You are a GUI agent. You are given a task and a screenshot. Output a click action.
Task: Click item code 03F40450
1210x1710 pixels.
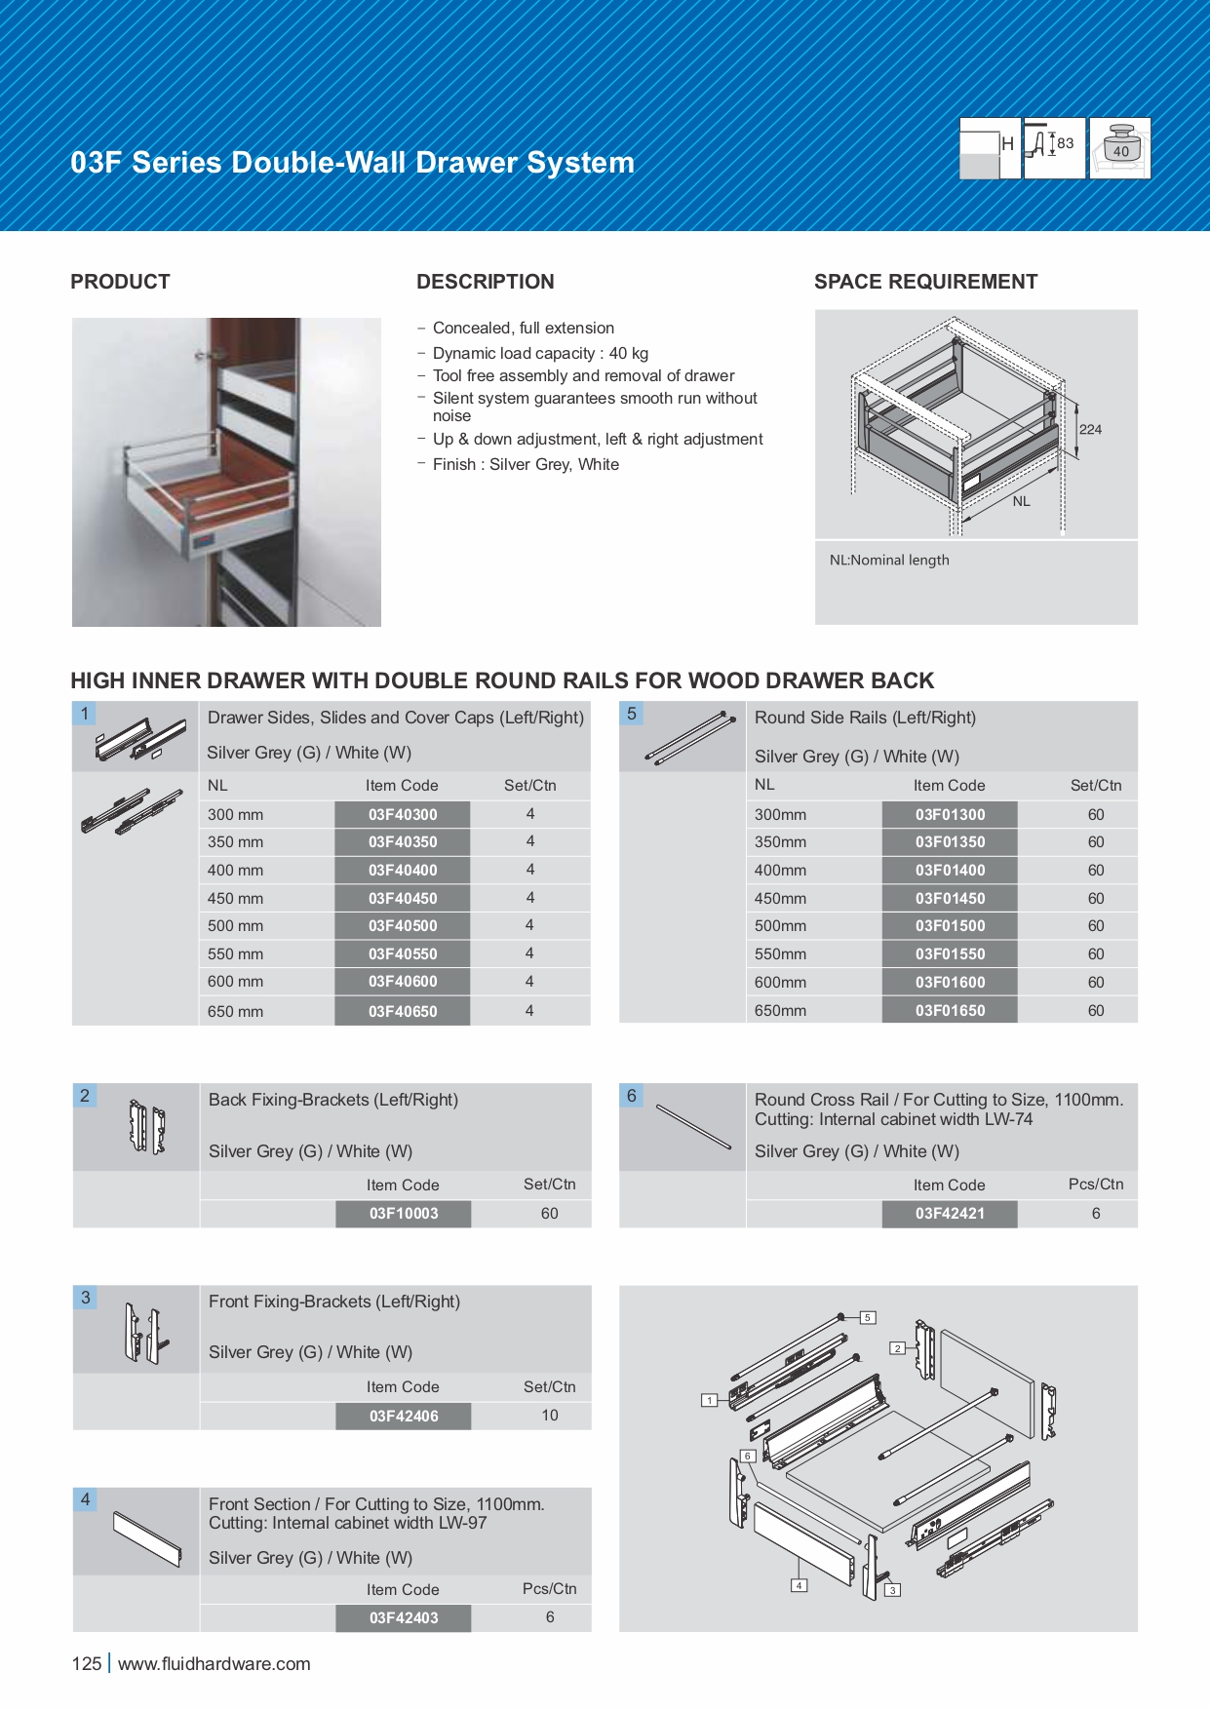pyautogui.click(x=403, y=898)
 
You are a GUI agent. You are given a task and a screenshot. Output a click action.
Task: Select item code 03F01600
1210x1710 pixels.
pyautogui.click(x=950, y=982)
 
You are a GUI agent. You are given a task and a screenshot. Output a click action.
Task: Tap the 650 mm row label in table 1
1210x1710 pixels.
pyautogui.click(x=235, y=1011)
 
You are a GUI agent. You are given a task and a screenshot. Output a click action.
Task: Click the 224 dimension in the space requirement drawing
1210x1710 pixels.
pyautogui.click(x=1090, y=429)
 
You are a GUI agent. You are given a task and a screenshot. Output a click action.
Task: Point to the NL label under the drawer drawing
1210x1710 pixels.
pyautogui.click(x=1021, y=501)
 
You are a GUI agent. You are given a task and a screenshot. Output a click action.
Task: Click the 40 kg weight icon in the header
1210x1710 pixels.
pyautogui.click(x=1120, y=148)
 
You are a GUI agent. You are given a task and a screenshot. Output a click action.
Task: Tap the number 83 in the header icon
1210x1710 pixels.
pyautogui.click(x=1065, y=143)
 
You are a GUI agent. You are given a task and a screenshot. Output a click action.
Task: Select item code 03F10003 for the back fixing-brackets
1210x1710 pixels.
pyautogui.click(x=403, y=1213)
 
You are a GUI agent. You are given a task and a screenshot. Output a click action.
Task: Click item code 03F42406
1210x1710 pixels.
pyautogui.click(x=403, y=1416)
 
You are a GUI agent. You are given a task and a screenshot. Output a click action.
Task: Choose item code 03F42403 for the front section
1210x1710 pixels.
pyautogui.click(x=403, y=1617)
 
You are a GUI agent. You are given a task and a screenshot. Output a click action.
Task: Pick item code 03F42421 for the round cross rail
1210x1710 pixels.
pyautogui.click(x=950, y=1213)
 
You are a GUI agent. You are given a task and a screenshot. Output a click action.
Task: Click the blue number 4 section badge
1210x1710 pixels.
pyautogui.click(x=86, y=1499)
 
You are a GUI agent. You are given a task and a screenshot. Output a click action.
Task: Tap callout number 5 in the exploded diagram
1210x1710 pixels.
pyautogui.click(x=867, y=1317)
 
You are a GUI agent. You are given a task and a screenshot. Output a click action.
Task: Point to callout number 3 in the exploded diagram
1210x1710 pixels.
pyautogui.click(x=892, y=1590)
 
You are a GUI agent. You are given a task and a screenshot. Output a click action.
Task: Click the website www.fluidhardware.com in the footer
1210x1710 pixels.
pyautogui.click(x=214, y=1663)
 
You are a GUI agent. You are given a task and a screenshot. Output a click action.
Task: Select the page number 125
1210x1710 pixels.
pyautogui.click(x=86, y=1663)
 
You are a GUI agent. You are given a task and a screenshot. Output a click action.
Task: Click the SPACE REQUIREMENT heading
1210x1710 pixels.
pyautogui.click(x=925, y=282)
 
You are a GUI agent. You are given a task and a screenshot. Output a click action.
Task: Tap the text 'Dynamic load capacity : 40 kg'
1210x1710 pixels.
pyautogui.click(x=540, y=353)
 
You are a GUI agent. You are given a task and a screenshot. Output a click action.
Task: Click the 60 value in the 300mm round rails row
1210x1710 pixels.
pyautogui.click(x=1096, y=814)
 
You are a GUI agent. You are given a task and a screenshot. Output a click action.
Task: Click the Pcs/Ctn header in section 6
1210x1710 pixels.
pyautogui.click(x=1096, y=1184)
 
